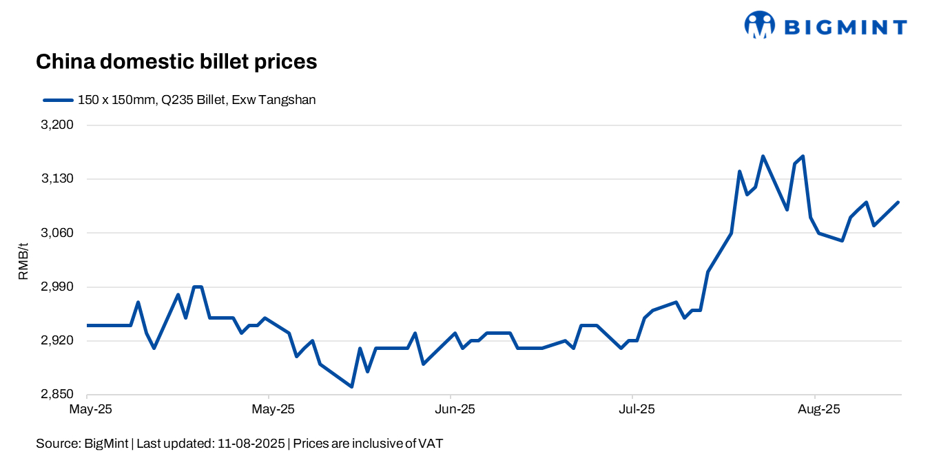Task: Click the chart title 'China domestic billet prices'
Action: point(176,62)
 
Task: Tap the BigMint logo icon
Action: point(760,25)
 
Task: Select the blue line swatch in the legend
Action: point(58,100)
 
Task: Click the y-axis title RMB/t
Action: point(23,260)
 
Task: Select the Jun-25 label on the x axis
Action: point(455,409)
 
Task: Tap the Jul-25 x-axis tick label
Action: point(637,409)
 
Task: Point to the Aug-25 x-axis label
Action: point(819,409)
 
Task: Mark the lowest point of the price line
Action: point(352,386)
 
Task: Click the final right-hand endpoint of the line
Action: point(898,202)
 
